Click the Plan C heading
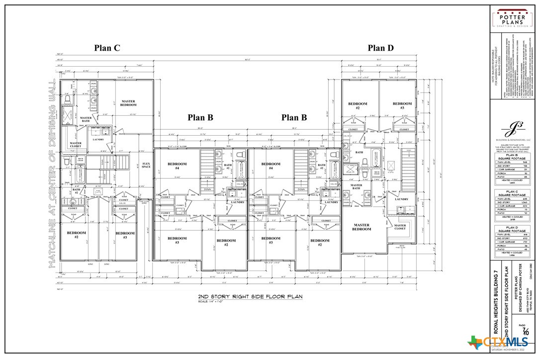(x=107, y=48)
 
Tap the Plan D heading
(x=380, y=48)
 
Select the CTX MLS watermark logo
(x=498, y=342)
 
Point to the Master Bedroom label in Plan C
(x=128, y=103)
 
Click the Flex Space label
(x=146, y=165)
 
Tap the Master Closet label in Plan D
(x=400, y=227)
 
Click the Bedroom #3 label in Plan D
(x=402, y=105)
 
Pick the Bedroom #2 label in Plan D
(x=357, y=105)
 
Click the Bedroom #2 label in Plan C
(x=77, y=235)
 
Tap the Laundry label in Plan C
(x=97, y=140)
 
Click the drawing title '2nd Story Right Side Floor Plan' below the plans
(x=250, y=297)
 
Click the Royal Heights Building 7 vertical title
(x=495, y=304)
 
